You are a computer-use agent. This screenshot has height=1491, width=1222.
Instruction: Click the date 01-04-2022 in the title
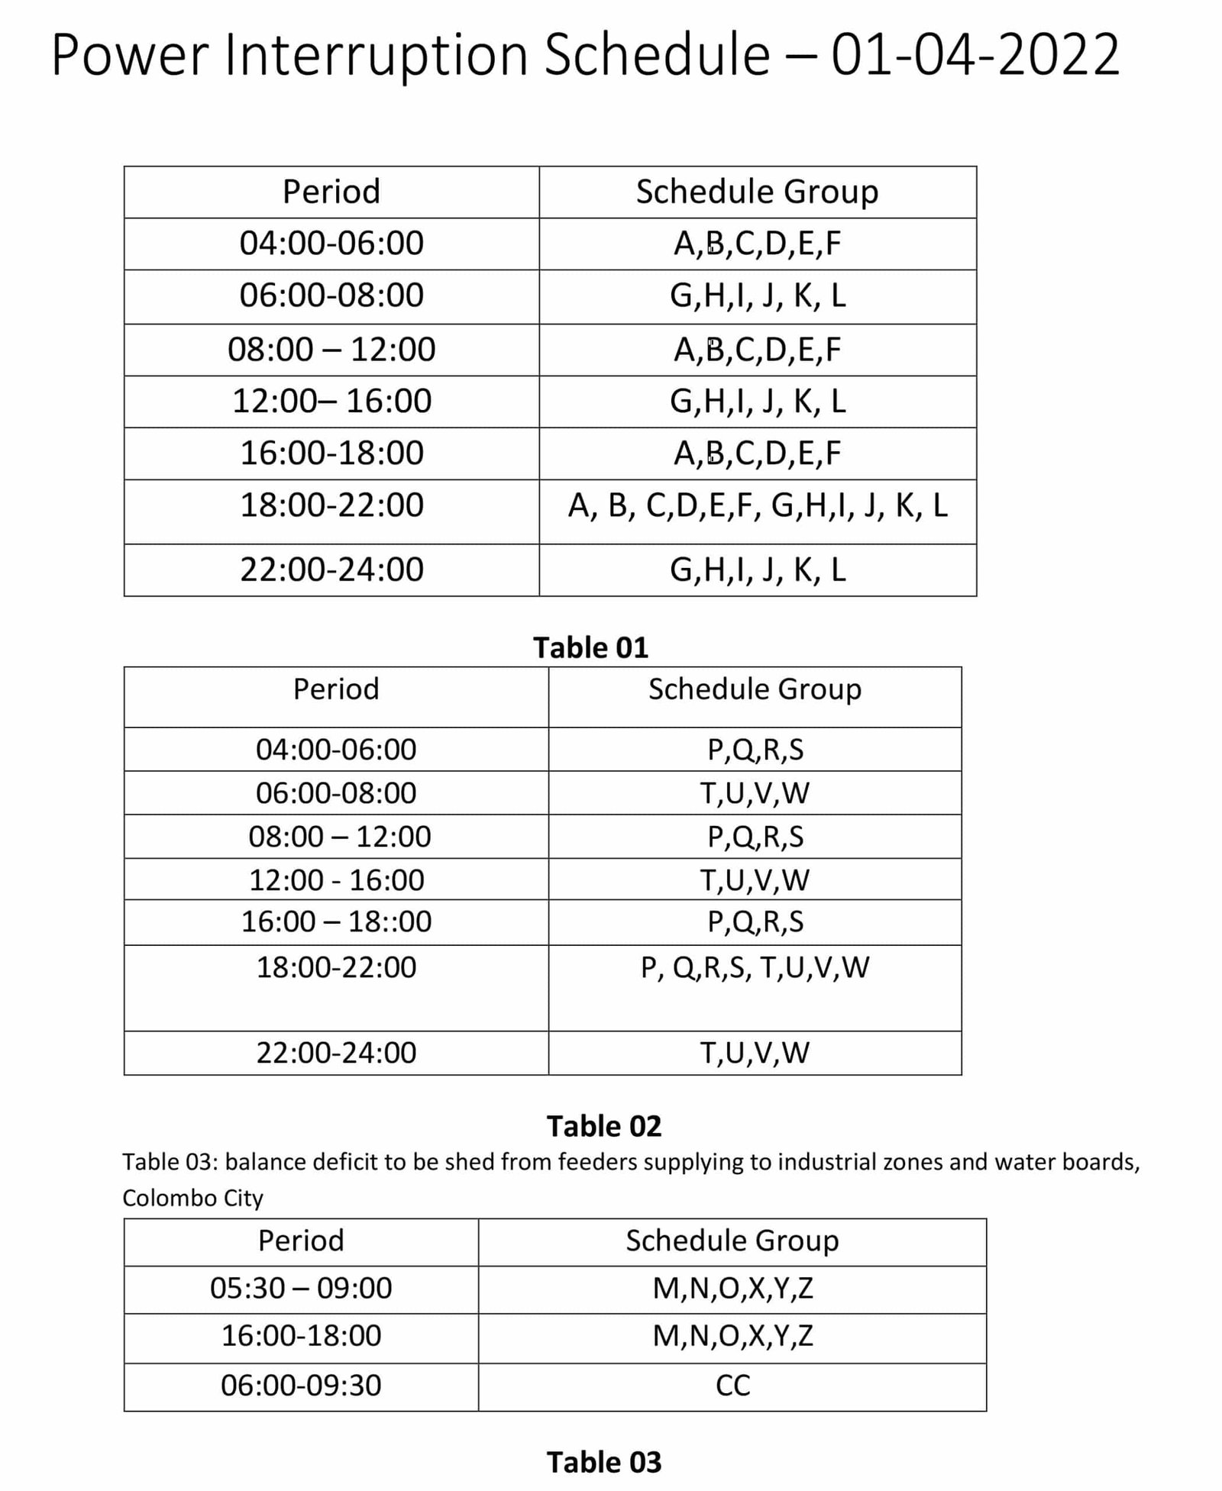tap(975, 55)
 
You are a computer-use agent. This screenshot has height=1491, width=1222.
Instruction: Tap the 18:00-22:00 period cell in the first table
tap(331, 505)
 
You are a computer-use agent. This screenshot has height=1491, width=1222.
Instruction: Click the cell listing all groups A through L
tap(757, 505)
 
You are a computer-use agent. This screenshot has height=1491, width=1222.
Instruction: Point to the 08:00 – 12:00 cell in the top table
tap(331, 350)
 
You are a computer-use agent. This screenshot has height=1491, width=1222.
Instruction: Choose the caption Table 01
tap(590, 647)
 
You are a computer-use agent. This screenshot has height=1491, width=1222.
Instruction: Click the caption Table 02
tap(603, 1126)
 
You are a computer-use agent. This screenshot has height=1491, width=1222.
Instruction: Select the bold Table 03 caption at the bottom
tap(603, 1462)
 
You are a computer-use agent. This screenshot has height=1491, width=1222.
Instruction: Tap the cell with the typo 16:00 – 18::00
tap(336, 921)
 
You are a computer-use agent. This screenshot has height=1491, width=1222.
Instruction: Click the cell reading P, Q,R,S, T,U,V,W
tap(755, 967)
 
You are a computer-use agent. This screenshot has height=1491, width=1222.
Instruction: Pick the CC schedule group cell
tap(732, 1385)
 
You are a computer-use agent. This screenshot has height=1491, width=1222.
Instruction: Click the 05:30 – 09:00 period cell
tap(301, 1288)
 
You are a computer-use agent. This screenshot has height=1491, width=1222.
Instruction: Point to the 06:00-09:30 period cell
tap(301, 1385)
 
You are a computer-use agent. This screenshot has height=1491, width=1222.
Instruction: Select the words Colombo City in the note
tap(192, 1198)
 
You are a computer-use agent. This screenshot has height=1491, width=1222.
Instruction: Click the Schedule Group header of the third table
tap(732, 1240)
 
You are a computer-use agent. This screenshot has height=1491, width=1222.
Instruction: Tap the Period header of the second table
tap(336, 689)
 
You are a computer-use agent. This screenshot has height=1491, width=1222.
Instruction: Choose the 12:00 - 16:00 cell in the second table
tap(336, 879)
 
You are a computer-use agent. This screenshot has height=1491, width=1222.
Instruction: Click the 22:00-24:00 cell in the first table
tap(331, 570)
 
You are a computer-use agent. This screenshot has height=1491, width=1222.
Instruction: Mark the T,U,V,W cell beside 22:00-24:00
tap(755, 1052)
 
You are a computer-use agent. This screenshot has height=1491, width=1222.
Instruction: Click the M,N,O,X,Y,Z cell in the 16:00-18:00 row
tap(732, 1335)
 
